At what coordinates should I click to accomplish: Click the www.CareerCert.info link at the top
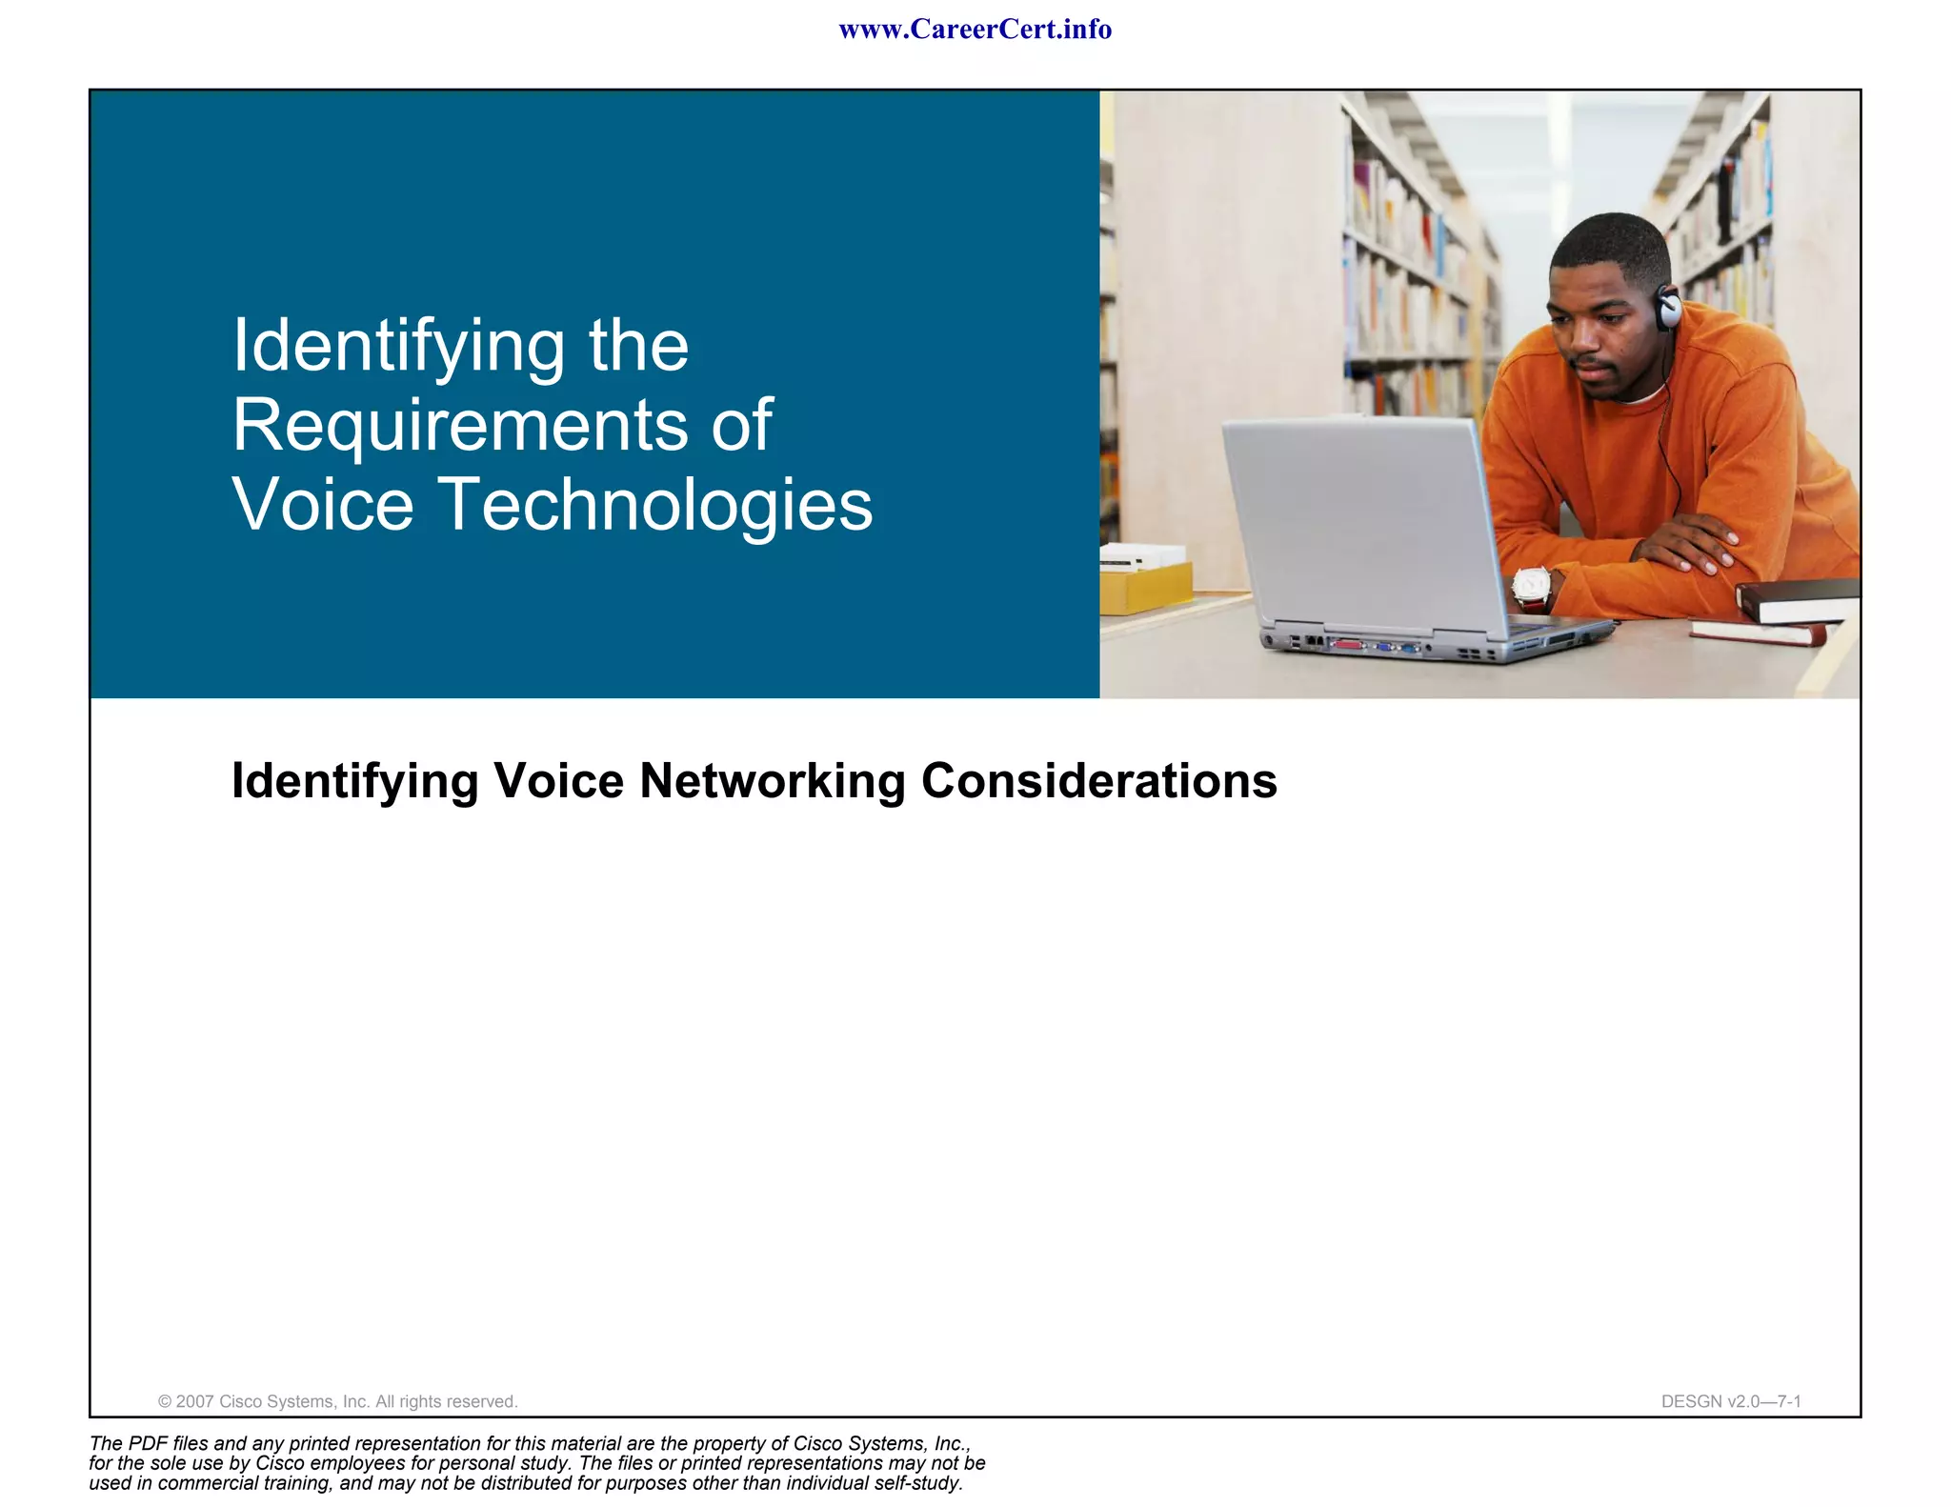coord(975,30)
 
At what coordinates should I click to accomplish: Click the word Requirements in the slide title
coord(458,425)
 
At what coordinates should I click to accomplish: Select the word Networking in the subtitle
coord(772,781)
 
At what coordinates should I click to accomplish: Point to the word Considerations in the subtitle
coord(1098,781)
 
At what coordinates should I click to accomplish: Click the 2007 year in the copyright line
coord(195,1401)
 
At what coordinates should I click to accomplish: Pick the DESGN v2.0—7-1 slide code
coord(1730,1401)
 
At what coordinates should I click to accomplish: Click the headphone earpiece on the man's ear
coord(1668,308)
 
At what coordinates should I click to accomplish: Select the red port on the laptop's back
coord(1348,645)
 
